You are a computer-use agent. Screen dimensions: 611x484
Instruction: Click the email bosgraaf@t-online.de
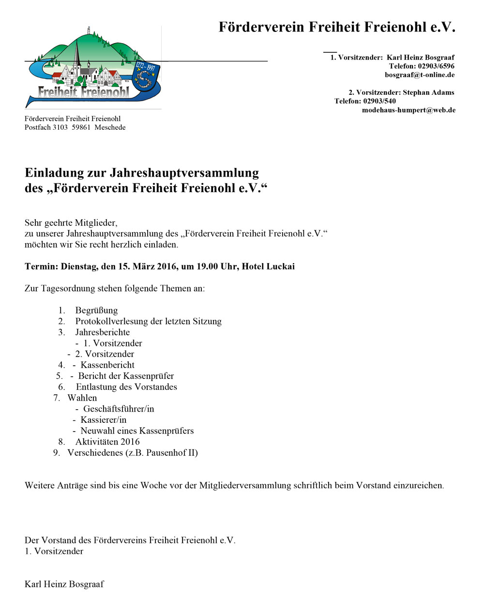419,75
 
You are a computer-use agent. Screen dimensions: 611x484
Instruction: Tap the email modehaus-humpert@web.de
408,110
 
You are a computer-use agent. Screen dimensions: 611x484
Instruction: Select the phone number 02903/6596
436,66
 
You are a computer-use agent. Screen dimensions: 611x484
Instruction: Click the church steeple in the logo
76,53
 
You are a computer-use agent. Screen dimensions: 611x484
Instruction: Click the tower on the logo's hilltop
88,31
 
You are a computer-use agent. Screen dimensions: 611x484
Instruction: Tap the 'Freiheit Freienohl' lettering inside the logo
83,92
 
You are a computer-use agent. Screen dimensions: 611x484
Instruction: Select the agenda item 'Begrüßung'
96,311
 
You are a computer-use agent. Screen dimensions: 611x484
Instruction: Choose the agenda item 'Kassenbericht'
107,365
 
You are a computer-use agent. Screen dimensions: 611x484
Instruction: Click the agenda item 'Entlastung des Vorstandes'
126,387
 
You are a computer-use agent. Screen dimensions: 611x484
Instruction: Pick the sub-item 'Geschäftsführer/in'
119,409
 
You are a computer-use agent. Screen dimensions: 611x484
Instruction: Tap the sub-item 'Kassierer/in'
104,420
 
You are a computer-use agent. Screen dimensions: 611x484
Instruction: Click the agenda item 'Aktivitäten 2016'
107,442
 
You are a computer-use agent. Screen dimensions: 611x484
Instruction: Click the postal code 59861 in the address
81,128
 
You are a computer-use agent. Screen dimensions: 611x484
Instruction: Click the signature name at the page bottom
64,584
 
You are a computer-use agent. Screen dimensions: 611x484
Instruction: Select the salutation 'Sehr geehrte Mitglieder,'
71,223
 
